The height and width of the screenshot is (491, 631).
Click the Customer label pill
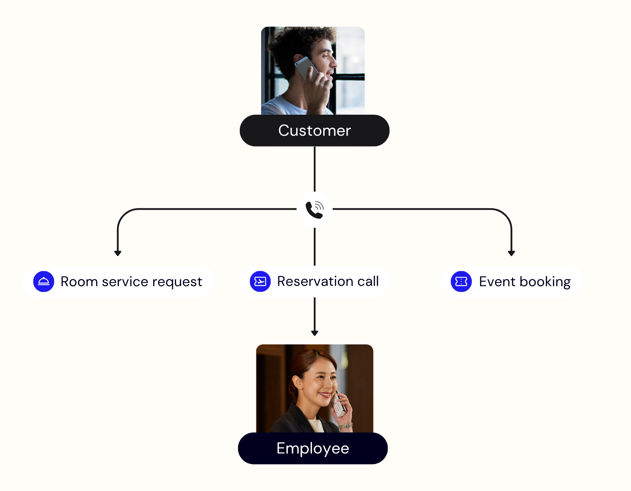click(314, 130)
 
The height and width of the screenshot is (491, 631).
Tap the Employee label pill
click(313, 448)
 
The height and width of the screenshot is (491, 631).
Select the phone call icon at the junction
click(314, 210)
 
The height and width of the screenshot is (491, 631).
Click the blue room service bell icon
click(44, 281)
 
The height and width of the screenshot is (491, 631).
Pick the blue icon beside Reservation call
click(260, 281)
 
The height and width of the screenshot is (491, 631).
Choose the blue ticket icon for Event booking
click(461, 281)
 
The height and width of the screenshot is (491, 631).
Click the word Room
click(79, 282)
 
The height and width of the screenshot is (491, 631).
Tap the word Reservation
click(315, 281)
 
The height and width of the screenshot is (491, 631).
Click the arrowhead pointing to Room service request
click(118, 253)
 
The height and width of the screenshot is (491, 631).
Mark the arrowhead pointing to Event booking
click(511, 253)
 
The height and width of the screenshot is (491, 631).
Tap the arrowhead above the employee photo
click(314, 333)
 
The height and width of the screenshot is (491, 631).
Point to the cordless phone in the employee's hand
click(338, 405)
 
